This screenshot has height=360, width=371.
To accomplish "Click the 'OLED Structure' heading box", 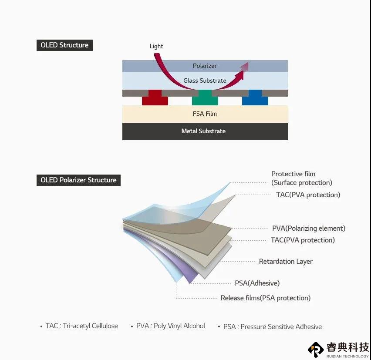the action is pyautogui.click(x=65, y=45).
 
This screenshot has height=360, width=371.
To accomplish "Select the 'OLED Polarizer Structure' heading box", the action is pyautogui.click(x=78, y=180).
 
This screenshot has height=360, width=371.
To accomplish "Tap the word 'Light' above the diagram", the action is pyautogui.click(x=156, y=46).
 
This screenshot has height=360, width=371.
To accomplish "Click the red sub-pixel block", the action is pyautogui.click(x=155, y=98).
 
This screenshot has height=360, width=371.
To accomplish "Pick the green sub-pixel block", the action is pyautogui.click(x=205, y=98).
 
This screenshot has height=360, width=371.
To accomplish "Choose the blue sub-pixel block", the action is pyautogui.click(x=255, y=98).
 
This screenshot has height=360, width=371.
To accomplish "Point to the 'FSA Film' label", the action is pyautogui.click(x=205, y=114).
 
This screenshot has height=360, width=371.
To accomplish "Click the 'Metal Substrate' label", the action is pyautogui.click(x=203, y=131).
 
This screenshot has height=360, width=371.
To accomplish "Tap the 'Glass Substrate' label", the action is pyautogui.click(x=205, y=81).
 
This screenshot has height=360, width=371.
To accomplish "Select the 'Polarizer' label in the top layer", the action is pyautogui.click(x=205, y=66).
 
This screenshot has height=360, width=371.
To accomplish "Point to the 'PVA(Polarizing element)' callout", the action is pyautogui.click(x=309, y=229).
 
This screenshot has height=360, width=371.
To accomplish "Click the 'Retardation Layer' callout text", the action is pyautogui.click(x=286, y=262).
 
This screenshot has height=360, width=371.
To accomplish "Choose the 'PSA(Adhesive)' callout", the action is pyautogui.click(x=257, y=283).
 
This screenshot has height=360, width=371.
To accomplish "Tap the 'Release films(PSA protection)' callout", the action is pyautogui.click(x=266, y=298).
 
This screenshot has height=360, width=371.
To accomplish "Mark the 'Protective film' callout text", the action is pyautogui.click(x=293, y=174).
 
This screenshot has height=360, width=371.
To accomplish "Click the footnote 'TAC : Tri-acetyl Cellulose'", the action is pyautogui.click(x=81, y=326).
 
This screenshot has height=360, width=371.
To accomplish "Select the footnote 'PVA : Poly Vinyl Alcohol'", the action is pyautogui.click(x=171, y=326).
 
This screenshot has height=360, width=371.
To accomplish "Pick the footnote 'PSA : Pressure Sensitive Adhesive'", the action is pyautogui.click(x=273, y=326).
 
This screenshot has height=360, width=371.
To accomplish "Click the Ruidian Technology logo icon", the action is pyautogui.click(x=316, y=350).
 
